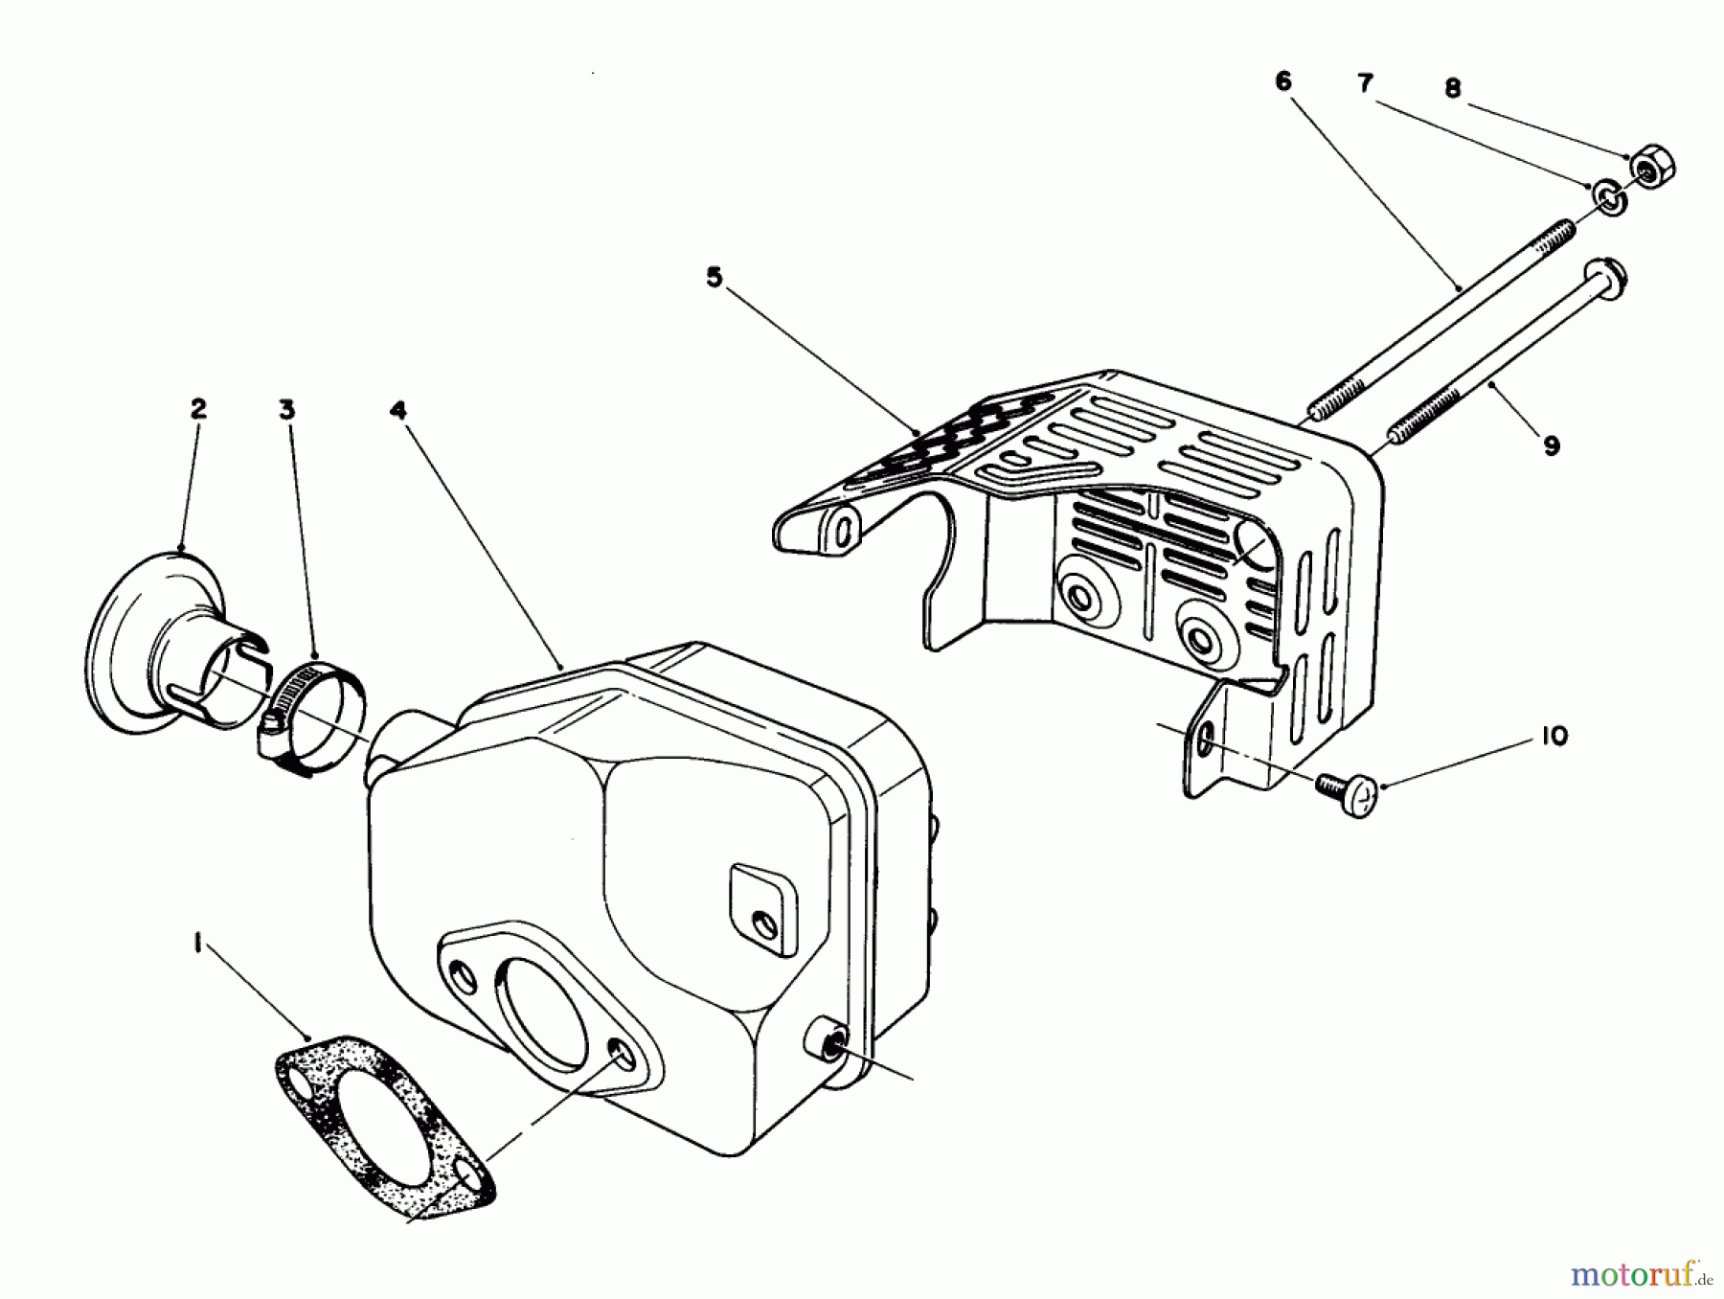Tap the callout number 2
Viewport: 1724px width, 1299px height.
(197, 409)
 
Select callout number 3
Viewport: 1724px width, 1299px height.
(286, 410)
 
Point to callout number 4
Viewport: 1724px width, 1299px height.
(398, 410)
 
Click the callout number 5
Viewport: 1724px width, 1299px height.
(715, 278)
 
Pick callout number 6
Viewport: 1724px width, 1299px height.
(1283, 81)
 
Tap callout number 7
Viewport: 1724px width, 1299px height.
(1366, 83)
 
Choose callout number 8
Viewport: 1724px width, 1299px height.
(1452, 88)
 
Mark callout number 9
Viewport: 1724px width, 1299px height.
(1552, 445)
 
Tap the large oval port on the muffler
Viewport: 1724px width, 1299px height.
(541, 1006)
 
